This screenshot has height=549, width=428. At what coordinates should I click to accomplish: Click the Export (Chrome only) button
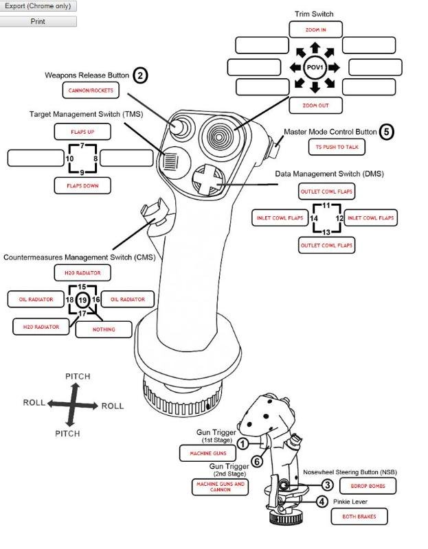click(38, 5)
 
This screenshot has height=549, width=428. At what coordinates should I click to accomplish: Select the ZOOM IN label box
click(315, 30)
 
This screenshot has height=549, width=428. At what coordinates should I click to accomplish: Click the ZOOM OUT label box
click(315, 106)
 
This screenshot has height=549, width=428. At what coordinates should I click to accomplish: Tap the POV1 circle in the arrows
click(315, 67)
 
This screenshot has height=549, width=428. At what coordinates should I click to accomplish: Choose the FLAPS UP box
click(82, 131)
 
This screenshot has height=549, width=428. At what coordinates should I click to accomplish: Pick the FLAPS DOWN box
click(82, 185)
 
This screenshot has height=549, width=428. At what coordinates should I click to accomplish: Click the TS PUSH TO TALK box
click(336, 147)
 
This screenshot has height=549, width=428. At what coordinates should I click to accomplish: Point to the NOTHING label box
click(103, 329)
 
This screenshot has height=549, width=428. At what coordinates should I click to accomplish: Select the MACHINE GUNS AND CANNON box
click(220, 487)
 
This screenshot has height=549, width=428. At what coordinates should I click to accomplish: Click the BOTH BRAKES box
click(364, 517)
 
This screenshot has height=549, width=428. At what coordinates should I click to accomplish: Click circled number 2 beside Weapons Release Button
click(140, 75)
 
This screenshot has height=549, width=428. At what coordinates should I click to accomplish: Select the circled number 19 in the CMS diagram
click(82, 300)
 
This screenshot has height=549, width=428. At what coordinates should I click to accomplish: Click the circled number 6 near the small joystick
click(257, 461)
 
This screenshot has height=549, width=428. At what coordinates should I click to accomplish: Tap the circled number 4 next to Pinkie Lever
click(322, 502)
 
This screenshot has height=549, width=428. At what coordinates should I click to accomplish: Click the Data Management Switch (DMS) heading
click(329, 174)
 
